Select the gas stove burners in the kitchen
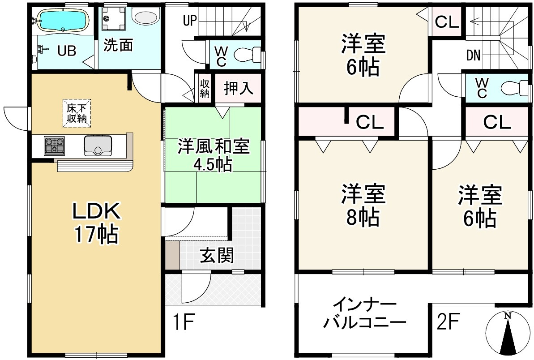click(54, 146)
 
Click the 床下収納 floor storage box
click(77, 113)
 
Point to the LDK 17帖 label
click(96, 223)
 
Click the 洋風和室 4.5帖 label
click(213, 155)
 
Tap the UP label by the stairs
click(190, 20)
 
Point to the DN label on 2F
click(473, 56)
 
